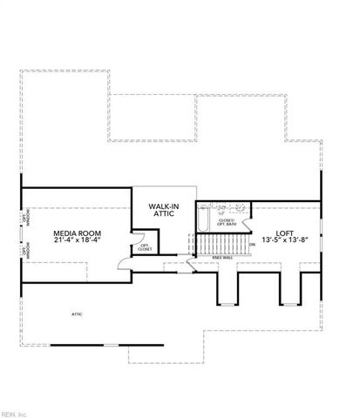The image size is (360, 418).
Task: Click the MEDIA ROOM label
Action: (74, 233)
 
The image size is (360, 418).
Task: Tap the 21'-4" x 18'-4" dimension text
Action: (74, 241)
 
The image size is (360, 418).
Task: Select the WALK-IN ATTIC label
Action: (164, 211)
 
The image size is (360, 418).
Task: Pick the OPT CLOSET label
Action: (145, 247)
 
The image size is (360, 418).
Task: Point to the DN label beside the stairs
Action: (252, 245)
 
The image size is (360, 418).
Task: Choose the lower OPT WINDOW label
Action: (24, 251)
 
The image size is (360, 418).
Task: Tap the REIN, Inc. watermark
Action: (16, 413)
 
